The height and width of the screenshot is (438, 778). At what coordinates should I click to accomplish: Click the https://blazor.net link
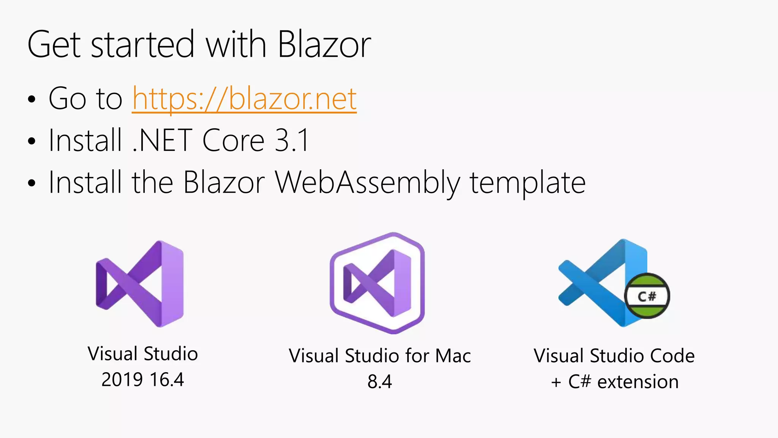[x=244, y=99]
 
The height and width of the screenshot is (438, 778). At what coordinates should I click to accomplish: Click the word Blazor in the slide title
[x=324, y=45]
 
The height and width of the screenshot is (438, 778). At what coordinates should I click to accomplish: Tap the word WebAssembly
[x=367, y=183]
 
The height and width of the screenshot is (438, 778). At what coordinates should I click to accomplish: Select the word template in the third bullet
[x=528, y=183]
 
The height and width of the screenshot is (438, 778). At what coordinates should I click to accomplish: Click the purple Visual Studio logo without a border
[x=140, y=284]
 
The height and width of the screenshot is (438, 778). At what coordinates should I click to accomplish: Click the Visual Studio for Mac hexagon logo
[x=377, y=283]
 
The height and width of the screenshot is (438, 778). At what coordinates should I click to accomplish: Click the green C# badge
[x=647, y=296]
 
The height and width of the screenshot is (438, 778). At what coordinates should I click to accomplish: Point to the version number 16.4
[x=167, y=380]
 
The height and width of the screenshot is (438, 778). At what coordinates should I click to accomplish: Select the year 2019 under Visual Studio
[x=122, y=380]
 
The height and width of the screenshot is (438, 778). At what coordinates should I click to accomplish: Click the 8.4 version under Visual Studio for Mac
[x=380, y=382]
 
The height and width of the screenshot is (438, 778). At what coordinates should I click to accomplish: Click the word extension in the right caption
[x=638, y=382]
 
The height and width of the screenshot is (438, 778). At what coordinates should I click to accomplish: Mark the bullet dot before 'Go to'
[x=32, y=100]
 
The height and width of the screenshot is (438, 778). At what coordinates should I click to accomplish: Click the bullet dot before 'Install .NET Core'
[x=32, y=141]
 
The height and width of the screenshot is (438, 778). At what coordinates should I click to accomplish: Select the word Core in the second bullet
[x=233, y=141]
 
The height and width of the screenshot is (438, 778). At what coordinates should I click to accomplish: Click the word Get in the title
[x=54, y=45]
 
